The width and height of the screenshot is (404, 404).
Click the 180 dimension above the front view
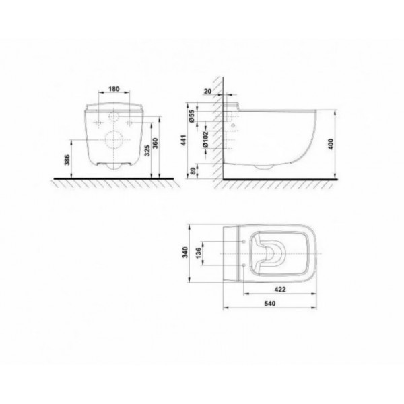tap(114, 89)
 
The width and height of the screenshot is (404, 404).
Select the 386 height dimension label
tap(67, 160)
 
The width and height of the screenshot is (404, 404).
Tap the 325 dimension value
tap(147, 151)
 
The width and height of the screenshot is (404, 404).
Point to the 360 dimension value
tap(155, 143)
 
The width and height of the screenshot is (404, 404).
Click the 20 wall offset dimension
tap(207, 91)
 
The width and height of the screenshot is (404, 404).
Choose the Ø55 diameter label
tap(191, 116)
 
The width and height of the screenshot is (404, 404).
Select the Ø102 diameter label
tap(205, 139)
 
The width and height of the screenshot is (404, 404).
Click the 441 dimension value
tap(184, 140)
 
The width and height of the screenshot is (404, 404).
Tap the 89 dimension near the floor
tap(193, 171)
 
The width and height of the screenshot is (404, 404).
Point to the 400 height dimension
tap(331, 144)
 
